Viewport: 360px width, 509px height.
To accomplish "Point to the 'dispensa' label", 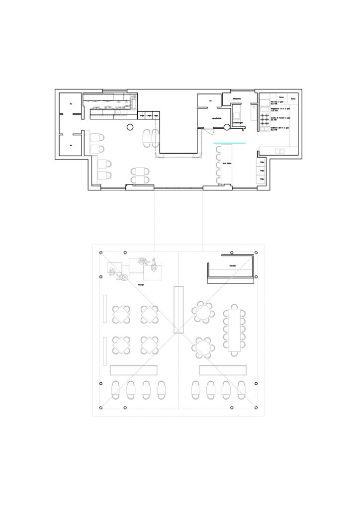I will tap(237, 98).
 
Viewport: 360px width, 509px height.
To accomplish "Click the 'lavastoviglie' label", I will tap(238, 123).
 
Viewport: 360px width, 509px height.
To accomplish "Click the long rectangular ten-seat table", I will tap(234, 330).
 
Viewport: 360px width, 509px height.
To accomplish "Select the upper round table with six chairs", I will tap(203, 312).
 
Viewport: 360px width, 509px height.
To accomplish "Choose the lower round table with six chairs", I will tap(203, 346).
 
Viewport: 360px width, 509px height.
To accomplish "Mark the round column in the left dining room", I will tap(130, 127).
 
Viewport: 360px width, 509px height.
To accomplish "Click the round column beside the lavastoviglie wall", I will tap(226, 128).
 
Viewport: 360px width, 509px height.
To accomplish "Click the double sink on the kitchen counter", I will tap(280, 151).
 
